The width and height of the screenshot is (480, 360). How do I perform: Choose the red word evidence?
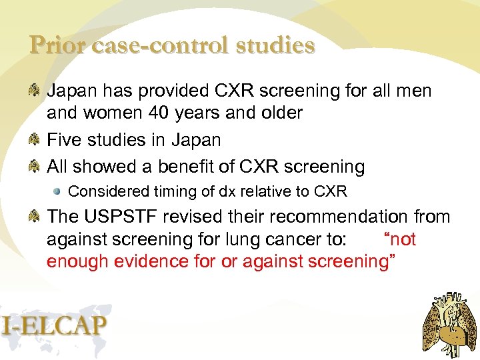(145, 261)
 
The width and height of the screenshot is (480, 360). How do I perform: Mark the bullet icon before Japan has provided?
(36, 90)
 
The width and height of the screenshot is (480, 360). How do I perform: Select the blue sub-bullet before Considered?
(59, 192)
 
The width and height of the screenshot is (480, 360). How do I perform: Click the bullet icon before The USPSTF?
(36, 217)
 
